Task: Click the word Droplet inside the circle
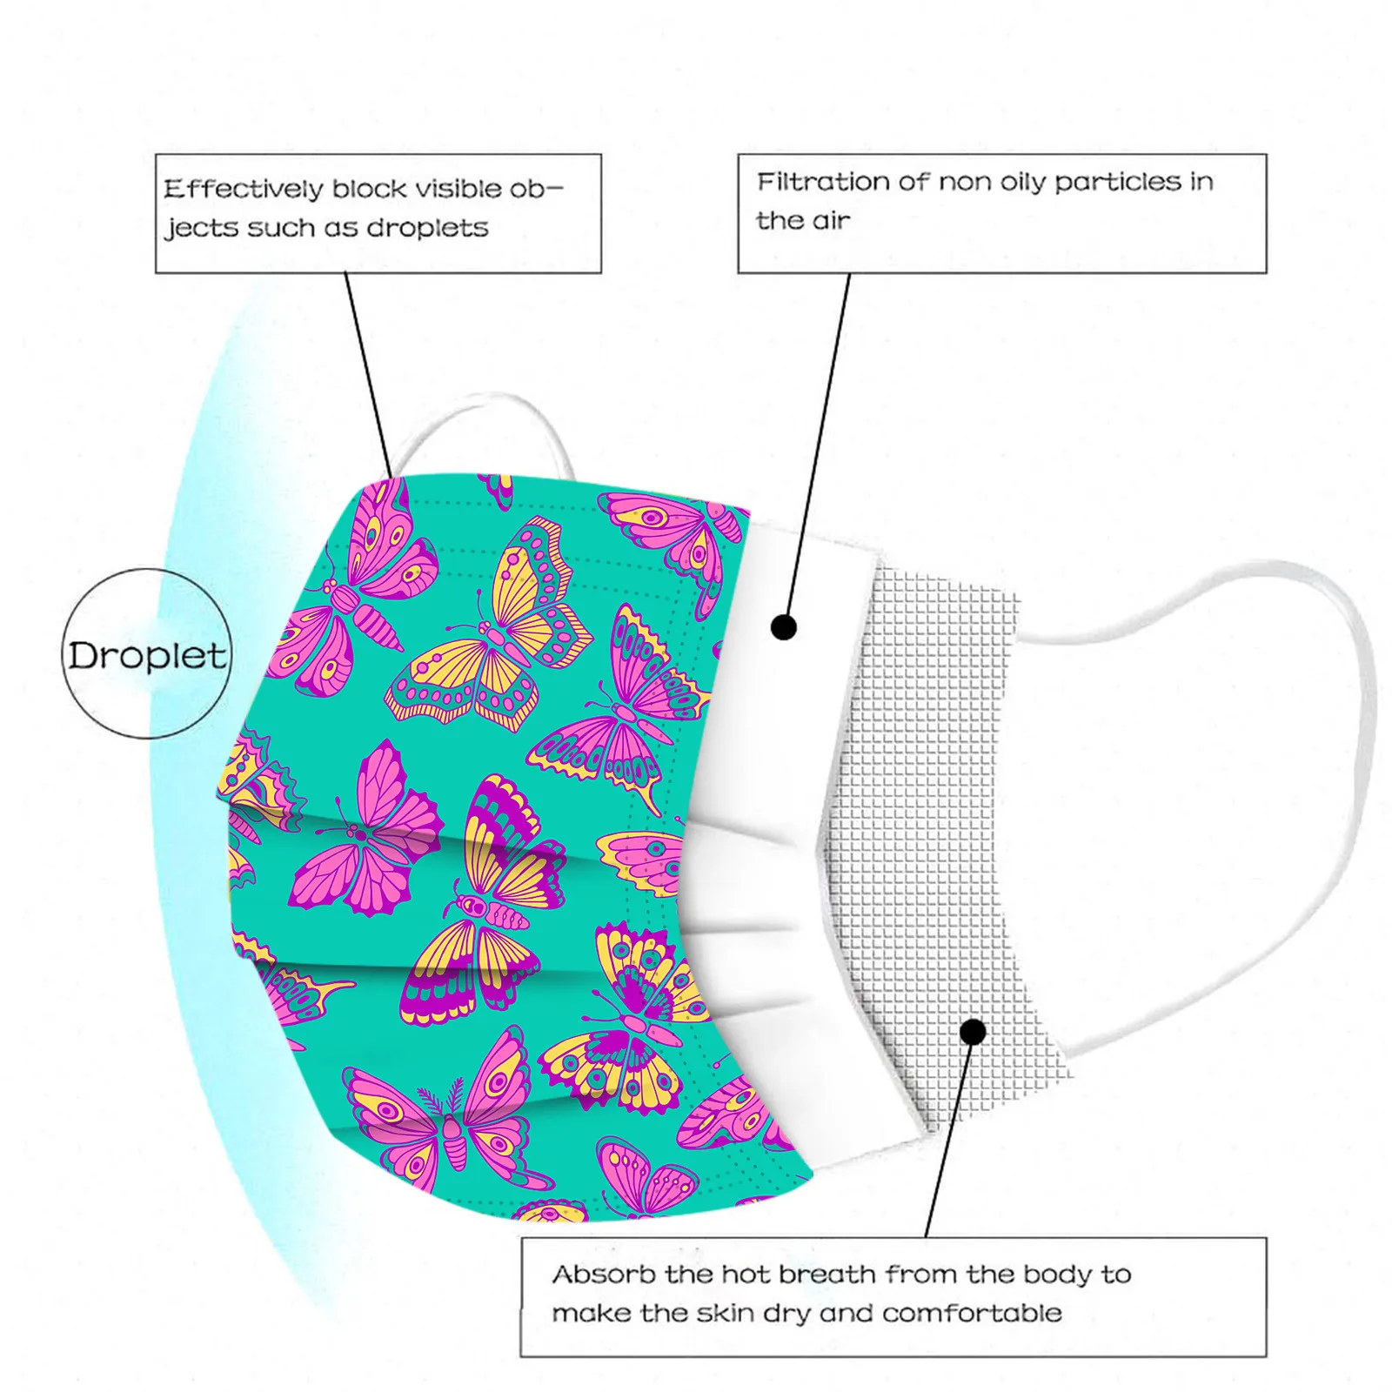click(148, 655)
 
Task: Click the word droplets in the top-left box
click(427, 228)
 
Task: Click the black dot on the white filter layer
click(784, 626)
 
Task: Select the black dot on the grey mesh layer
click(974, 1032)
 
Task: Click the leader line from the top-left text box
click(369, 374)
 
